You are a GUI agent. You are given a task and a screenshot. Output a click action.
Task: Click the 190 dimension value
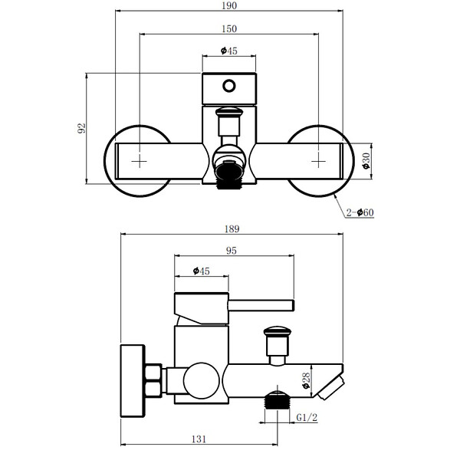229,5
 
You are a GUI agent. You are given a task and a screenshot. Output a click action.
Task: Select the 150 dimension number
229,29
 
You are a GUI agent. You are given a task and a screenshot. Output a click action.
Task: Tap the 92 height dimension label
81,128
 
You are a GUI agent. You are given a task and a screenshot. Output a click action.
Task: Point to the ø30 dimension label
366,161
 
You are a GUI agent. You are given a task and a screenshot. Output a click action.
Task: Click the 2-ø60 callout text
360,212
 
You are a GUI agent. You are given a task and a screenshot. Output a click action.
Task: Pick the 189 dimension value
232,228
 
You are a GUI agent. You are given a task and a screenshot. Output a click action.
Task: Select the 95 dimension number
232,251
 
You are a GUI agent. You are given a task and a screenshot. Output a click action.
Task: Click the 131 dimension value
199,439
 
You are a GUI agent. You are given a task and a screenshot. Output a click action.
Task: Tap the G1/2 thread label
307,417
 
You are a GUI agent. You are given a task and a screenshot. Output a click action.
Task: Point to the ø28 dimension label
306,381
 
